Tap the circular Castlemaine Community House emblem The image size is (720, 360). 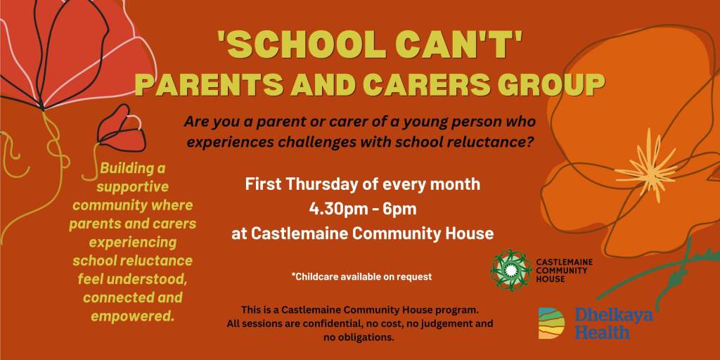pyautogui.click(x=510, y=270)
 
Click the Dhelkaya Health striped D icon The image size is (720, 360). pyautogui.click(x=551, y=323)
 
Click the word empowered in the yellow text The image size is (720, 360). pyautogui.click(x=133, y=316)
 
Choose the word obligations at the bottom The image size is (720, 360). pyautogui.click(x=371, y=337)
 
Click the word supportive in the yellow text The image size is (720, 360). pyautogui.click(x=133, y=187)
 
